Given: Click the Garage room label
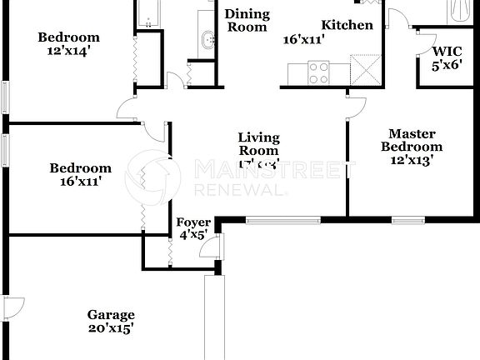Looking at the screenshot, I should pos(111,314).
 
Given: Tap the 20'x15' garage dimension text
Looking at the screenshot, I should pos(111,328).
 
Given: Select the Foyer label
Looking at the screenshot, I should pos(192,222).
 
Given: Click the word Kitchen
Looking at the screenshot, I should pos(347,25).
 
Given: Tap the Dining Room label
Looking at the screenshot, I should pos(247,20).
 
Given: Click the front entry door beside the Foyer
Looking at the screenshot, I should pos(216,247).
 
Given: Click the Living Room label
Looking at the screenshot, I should pos(258,144).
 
